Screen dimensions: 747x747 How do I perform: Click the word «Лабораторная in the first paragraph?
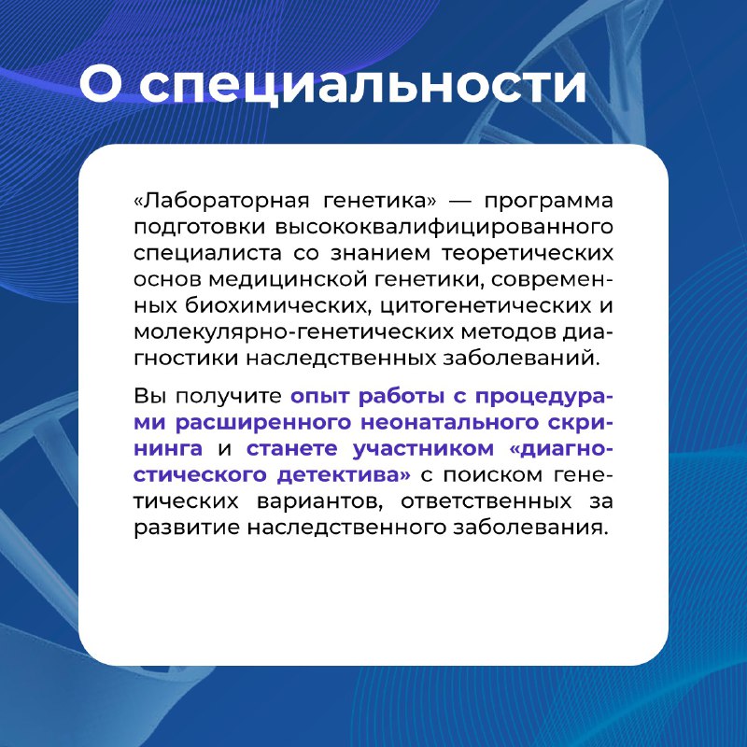221,201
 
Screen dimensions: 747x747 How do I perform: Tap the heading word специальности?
362,86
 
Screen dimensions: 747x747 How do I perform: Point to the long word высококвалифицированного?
444,228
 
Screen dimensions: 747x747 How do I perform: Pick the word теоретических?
528,253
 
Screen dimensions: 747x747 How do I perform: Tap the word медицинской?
288,280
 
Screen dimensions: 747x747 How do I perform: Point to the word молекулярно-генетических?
293,332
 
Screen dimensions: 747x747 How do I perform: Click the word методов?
508,332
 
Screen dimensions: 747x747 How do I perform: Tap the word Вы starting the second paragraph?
150,396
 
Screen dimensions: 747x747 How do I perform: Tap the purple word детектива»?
344,475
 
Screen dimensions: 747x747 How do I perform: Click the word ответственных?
486,501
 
